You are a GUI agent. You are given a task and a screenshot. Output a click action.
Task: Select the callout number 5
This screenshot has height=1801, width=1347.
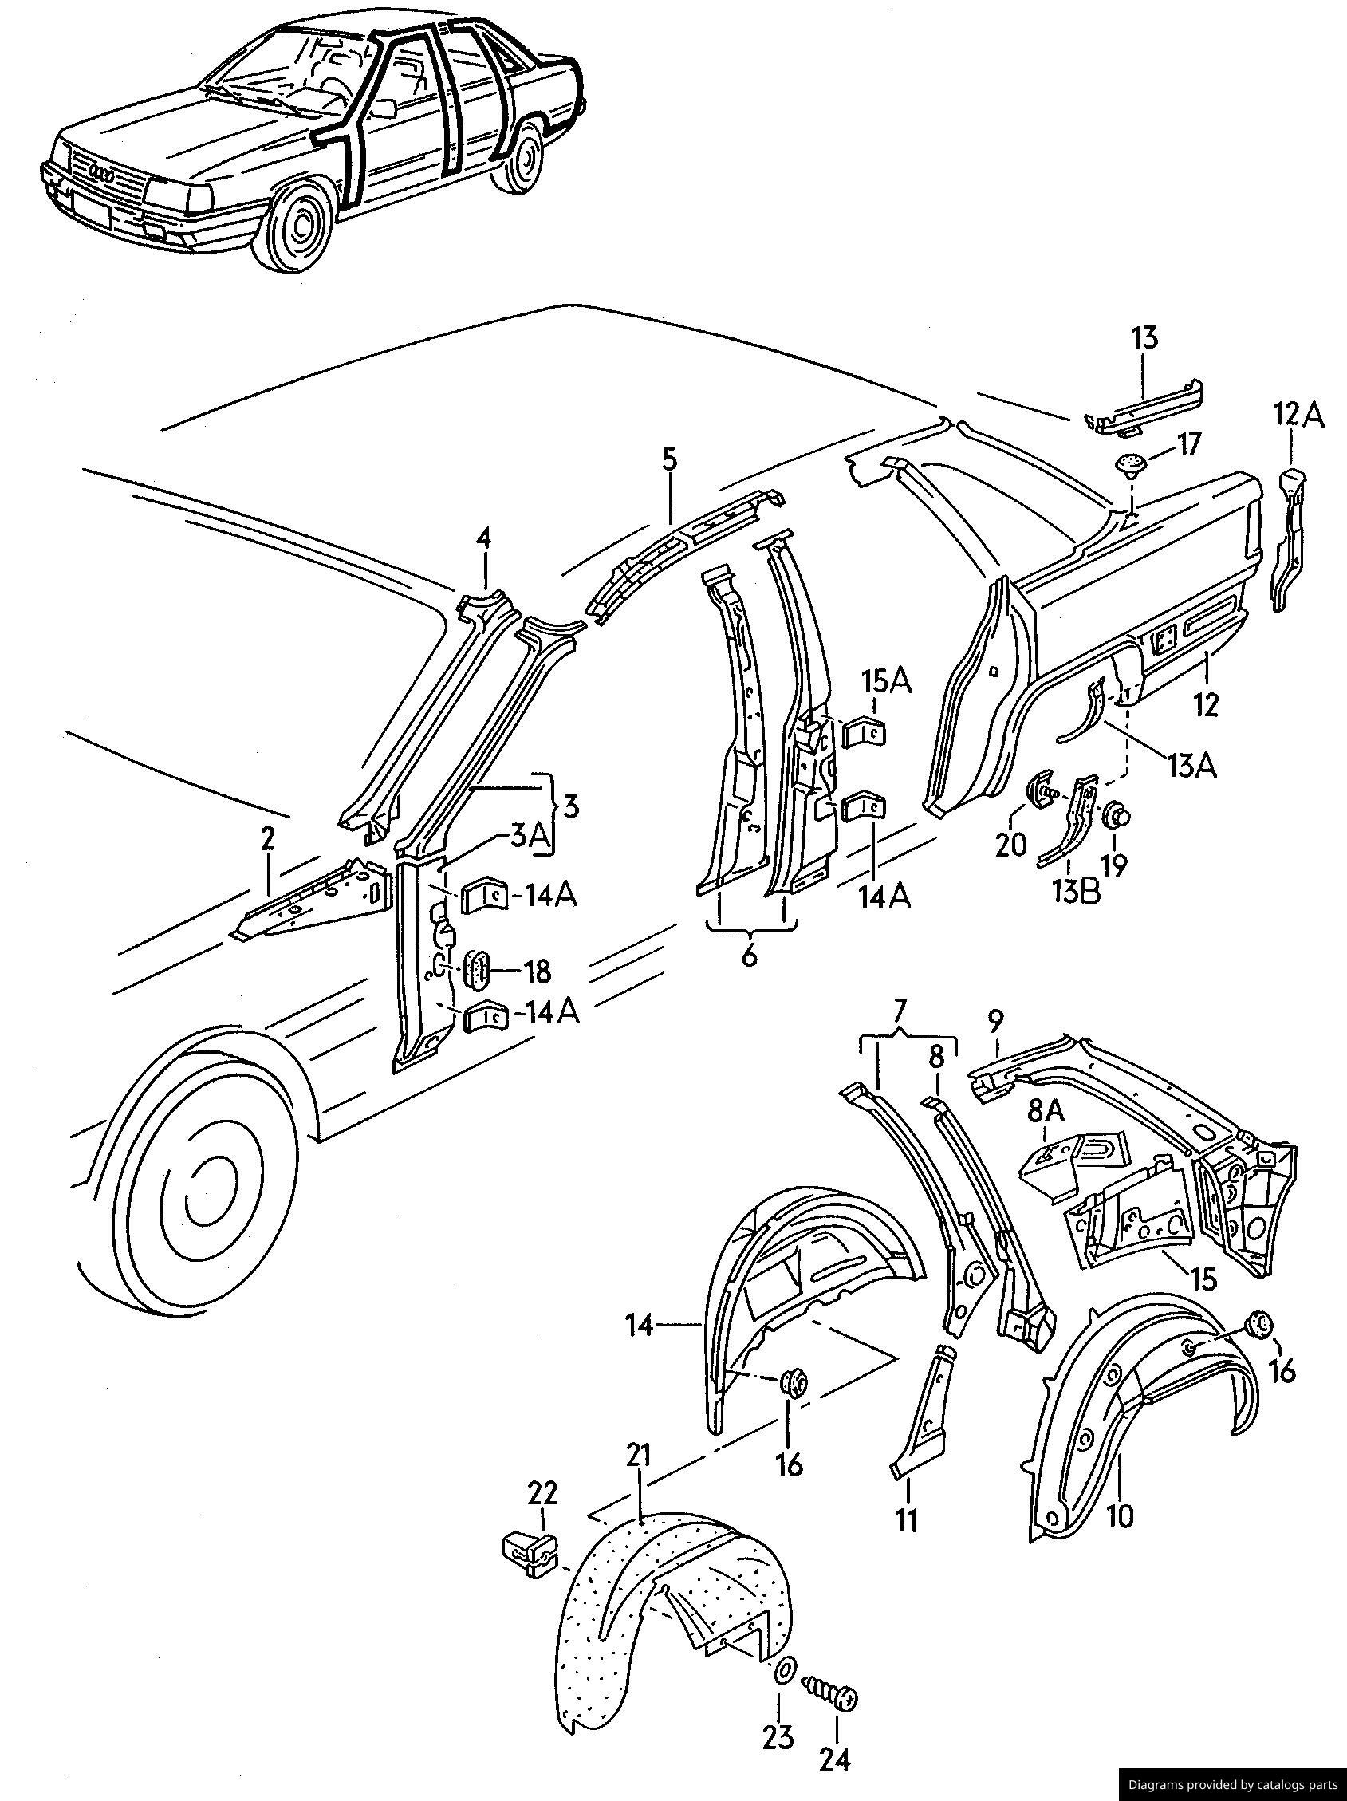668,460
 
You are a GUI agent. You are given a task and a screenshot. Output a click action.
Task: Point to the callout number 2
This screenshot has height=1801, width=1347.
269,838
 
